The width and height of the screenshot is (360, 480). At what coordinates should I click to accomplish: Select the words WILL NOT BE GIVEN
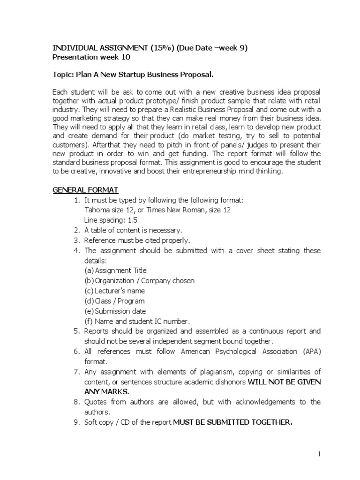click(x=284, y=382)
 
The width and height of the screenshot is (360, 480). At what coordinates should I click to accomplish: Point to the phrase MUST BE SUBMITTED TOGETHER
click(x=232, y=422)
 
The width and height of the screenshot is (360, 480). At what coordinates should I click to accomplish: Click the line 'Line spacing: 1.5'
click(x=111, y=220)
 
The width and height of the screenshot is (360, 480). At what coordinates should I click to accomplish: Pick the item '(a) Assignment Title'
click(x=115, y=270)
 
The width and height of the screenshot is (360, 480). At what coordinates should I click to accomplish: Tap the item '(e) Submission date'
click(x=115, y=311)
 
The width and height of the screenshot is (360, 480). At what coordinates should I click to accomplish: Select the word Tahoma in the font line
click(x=97, y=210)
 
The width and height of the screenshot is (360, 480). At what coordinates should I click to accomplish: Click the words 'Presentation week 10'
click(x=91, y=58)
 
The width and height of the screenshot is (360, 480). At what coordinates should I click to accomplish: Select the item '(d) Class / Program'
click(x=114, y=301)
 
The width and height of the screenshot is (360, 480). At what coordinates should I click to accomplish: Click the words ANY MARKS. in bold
click(x=106, y=392)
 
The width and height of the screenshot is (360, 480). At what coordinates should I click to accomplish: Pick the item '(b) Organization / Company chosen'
click(x=139, y=281)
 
